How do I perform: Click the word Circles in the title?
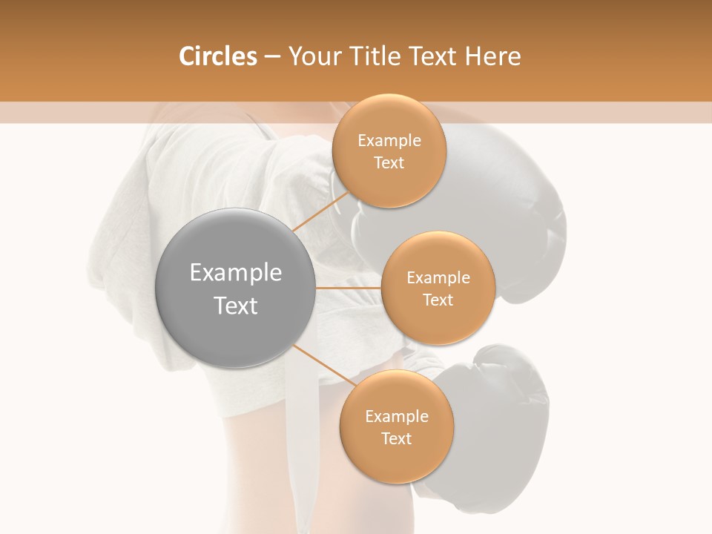pos(217,56)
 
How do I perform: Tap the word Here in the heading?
pos(493,56)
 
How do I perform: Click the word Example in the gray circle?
pos(235,273)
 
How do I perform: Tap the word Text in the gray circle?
pos(235,306)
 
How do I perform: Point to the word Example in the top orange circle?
pos(389,141)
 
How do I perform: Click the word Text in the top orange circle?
pos(389,163)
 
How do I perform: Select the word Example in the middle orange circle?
pos(438,278)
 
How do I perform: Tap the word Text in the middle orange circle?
pos(438,300)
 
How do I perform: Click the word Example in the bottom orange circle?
pos(396,417)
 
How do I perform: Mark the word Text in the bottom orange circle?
pos(396,439)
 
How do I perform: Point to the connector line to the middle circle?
pos(348,288)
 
